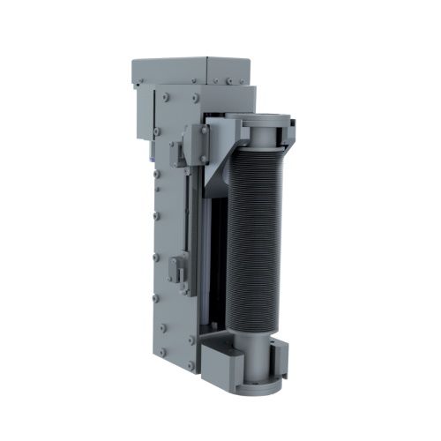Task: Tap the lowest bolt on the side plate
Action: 189,340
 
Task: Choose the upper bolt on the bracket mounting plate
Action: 204,131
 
